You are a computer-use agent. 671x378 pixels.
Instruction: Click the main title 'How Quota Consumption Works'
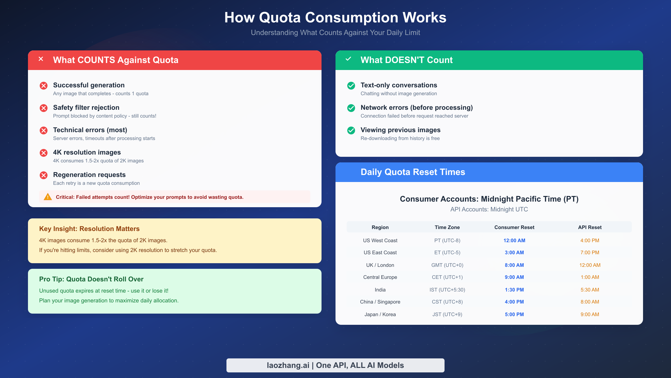[335, 17]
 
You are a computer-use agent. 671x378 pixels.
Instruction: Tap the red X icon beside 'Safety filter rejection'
[44, 108]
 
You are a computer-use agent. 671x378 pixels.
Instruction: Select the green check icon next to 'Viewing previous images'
[351, 130]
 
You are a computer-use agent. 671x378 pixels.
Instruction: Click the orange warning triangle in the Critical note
[48, 197]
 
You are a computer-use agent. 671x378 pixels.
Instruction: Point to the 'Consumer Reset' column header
[514, 227]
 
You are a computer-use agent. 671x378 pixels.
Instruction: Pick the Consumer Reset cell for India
[514, 290]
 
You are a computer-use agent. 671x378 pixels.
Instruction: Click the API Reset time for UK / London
[590, 265]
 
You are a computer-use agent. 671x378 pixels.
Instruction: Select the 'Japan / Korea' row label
[380, 314]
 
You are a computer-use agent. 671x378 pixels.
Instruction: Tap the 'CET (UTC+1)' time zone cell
[447, 277]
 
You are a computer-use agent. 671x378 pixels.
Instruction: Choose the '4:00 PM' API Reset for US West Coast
[590, 241]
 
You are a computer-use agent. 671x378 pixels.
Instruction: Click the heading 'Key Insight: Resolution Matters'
[89, 229]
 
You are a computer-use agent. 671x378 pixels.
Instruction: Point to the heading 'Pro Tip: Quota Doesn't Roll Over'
[91, 279]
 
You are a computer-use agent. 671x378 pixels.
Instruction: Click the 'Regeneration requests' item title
[89, 175]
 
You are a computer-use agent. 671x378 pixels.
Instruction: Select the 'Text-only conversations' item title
[399, 85]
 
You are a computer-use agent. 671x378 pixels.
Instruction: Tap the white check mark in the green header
[348, 59]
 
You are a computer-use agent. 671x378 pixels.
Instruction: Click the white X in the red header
[41, 59]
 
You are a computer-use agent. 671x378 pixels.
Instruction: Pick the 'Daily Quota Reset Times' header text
[413, 172]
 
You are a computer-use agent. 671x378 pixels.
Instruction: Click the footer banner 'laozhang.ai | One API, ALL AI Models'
[335, 365]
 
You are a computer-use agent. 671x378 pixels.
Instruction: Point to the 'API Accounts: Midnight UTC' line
[489, 209]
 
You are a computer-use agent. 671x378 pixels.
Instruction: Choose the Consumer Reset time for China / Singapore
[514, 302]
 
